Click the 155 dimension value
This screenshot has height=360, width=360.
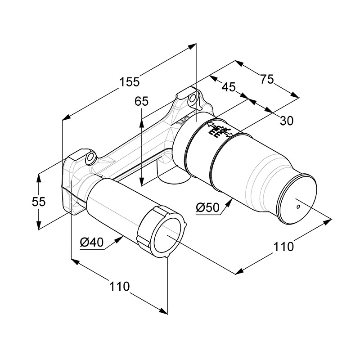tap(130, 82)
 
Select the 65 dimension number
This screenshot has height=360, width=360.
tap(141, 102)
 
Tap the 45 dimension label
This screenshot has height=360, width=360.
tap(228, 86)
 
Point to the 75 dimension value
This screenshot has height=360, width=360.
tap(266, 79)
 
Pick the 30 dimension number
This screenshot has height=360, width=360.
tap(286, 120)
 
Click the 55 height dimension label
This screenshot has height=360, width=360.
tap(39, 202)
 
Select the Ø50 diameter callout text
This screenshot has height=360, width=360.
tap(207, 208)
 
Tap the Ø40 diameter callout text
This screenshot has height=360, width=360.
tap(92, 243)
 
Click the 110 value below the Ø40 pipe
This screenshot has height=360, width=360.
tap(118, 286)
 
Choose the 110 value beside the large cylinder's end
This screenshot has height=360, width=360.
tap(283, 246)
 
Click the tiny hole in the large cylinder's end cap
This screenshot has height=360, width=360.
tap(298, 207)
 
